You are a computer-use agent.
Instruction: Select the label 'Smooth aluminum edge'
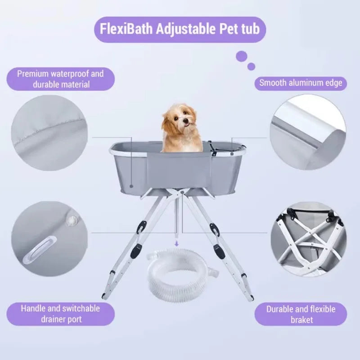point(301,82)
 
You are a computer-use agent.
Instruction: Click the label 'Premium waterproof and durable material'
point(60,79)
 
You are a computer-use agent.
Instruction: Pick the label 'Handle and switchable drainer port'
point(60,314)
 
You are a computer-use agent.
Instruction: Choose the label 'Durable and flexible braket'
point(301,314)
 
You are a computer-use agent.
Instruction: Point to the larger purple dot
point(242,56)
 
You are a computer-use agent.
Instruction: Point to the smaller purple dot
point(252,67)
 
